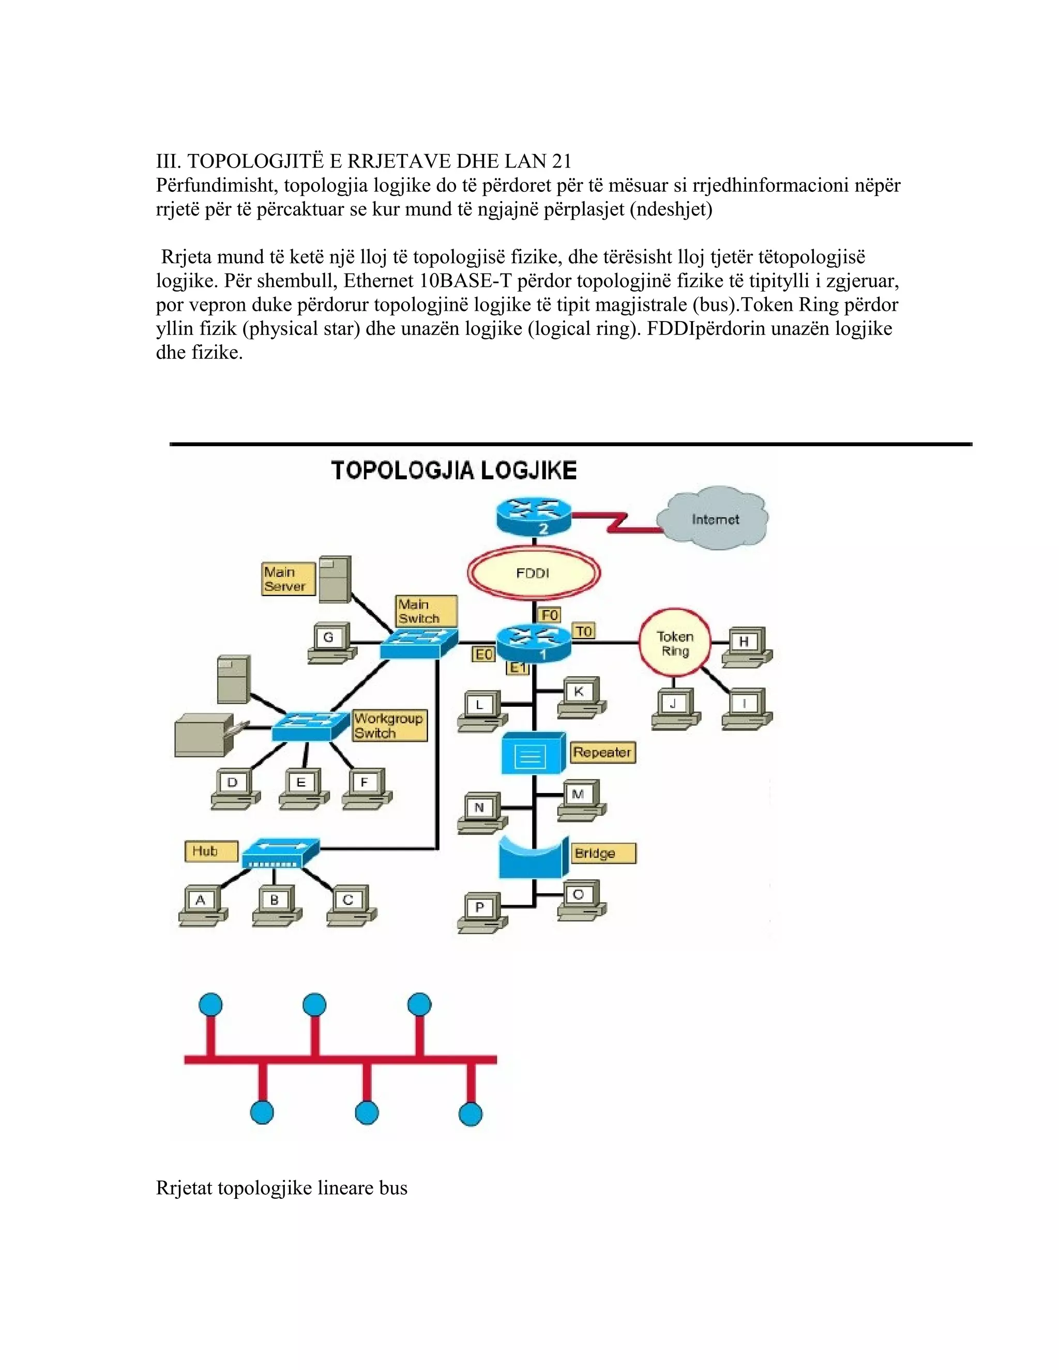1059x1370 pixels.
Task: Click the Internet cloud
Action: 713,520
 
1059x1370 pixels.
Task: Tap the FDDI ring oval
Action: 533,573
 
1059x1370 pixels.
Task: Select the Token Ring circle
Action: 674,644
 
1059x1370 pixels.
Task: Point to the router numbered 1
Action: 534,644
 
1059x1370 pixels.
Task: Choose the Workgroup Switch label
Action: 389,726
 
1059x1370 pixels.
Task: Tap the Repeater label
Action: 602,752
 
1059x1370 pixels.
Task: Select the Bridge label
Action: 603,853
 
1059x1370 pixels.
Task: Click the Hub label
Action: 211,851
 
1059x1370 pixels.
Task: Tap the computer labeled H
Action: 747,646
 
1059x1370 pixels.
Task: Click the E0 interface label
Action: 483,655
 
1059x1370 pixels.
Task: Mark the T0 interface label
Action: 583,631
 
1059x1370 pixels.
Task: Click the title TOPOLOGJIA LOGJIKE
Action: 453,470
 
